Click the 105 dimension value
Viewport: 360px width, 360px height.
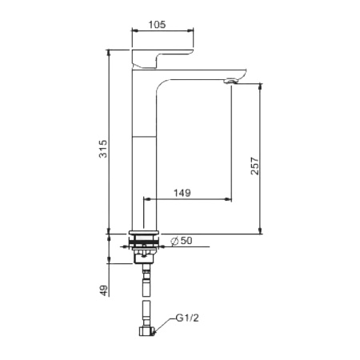coord(157,25)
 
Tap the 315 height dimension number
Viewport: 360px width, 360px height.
coord(103,149)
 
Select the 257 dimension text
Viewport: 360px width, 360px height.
coord(255,166)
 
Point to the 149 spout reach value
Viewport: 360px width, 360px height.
coord(182,193)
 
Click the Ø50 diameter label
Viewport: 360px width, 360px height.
coord(182,241)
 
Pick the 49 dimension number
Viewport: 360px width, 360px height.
coord(104,290)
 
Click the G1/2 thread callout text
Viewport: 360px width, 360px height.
coord(187,318)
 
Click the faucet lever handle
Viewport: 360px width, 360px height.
coord(162,58)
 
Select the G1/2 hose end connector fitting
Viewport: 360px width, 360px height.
coord(147,331)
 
